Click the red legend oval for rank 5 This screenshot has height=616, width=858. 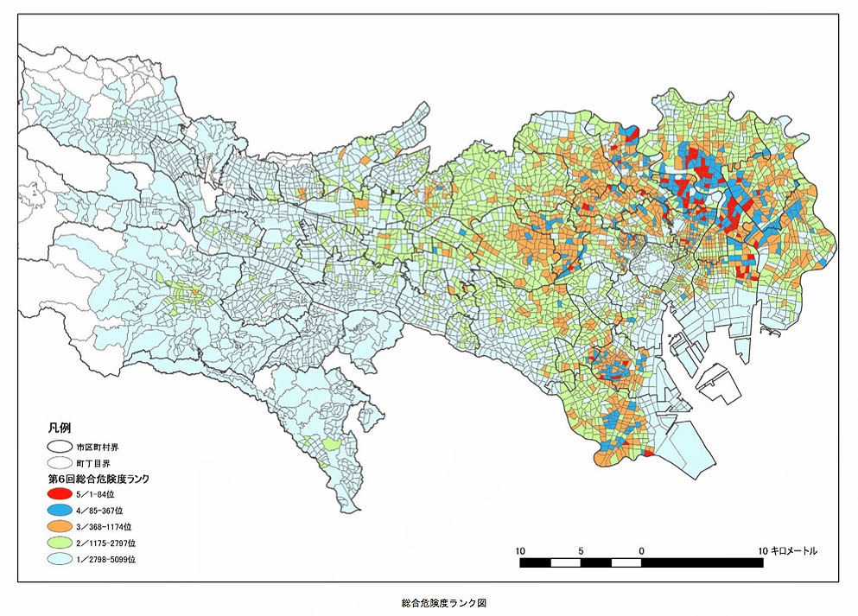pos(59,493)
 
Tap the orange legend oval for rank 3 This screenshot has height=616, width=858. pos(59,526)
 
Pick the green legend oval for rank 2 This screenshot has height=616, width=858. pos(59,543)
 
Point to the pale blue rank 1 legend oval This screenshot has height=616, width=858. pos(59,559)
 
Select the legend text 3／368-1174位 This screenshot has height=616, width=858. pos(105,526)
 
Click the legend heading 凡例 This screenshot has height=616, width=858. pos(60,429)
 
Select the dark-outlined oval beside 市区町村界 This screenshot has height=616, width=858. pos(59,448)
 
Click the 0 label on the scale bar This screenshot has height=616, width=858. pos(641,550)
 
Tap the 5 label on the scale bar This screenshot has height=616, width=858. pos(581,550)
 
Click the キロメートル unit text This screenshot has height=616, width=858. pos(797,550)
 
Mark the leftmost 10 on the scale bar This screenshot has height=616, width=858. pos(520,550)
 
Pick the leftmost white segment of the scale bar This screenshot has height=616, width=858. pos(565,562)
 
